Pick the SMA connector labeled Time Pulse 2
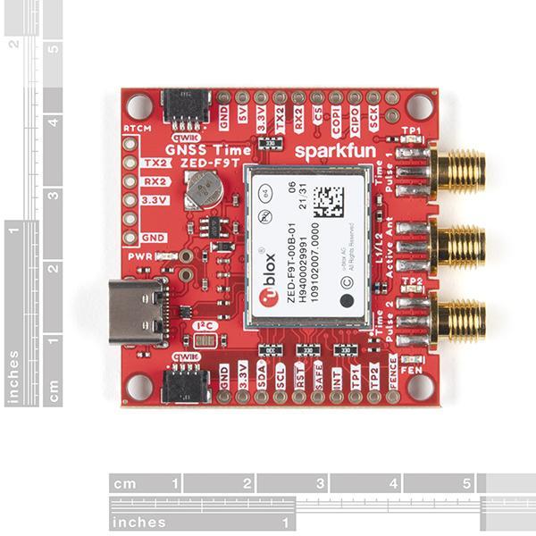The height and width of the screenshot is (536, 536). tap(459, 320)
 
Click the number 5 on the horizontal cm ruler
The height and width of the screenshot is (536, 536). tap(465, 483)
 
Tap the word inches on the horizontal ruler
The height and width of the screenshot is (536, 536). tap(140, 521)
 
